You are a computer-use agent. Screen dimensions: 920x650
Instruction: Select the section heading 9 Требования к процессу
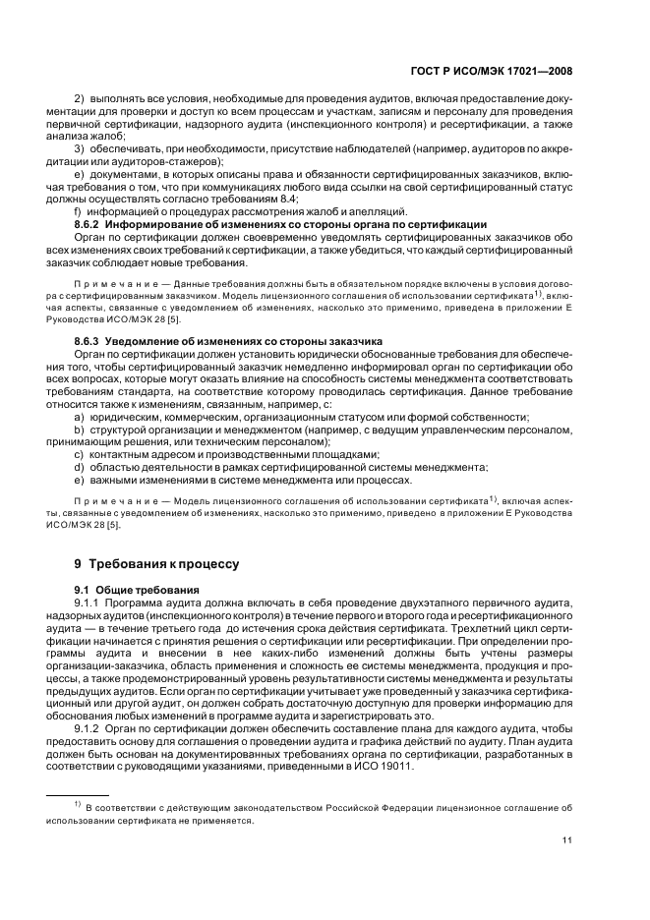point(150,564)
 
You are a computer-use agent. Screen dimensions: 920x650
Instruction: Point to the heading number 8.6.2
point(89,224)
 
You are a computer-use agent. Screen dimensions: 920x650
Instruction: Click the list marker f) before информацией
point(78,211)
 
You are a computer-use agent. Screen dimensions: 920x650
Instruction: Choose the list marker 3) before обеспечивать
point(80,147)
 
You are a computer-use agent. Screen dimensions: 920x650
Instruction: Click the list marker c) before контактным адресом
point(79,454)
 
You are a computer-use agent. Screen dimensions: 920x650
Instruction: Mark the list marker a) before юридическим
point(79,417)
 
